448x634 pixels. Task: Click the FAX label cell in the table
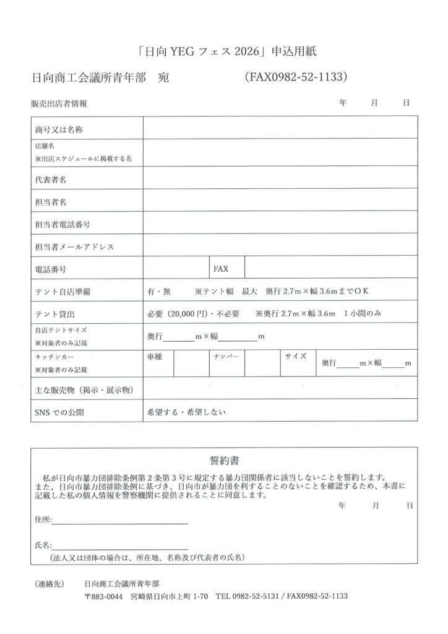point(221,269)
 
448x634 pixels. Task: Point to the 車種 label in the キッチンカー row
point(155,357)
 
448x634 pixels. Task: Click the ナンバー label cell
point(226,357)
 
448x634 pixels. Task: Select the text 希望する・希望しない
point(186,411)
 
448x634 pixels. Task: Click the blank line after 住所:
point(120,522)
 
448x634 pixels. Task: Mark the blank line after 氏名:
point(120,547)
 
